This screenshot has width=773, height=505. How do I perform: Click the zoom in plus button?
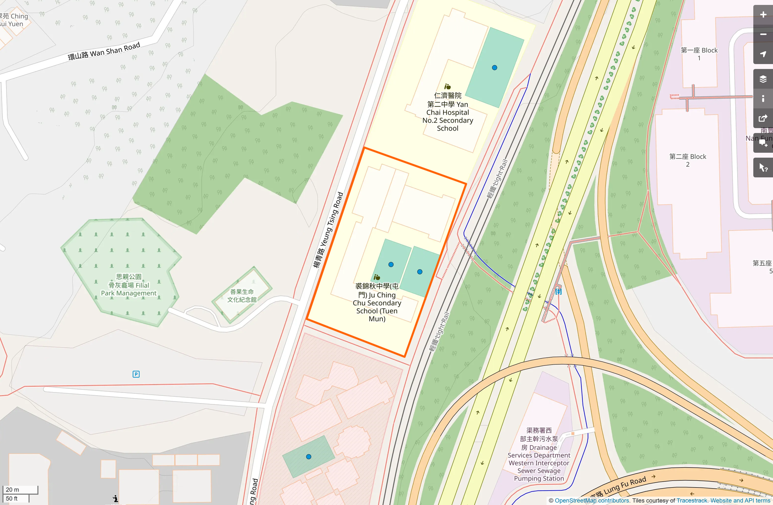[763, 15]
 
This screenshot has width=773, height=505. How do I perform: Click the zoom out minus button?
[763, 34]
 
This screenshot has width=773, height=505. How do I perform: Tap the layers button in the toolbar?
[763, 79]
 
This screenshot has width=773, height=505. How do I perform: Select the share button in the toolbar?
[763, 118]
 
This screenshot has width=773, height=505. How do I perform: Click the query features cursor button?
[763, 168]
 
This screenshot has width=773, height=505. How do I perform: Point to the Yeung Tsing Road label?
[328, 230]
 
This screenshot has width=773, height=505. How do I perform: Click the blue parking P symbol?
[136, 374]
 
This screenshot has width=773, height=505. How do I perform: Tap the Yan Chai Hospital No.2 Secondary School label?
[448, 112]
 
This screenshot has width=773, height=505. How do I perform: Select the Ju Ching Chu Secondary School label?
[377, 302]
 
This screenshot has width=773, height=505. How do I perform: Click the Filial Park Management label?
[129, 285]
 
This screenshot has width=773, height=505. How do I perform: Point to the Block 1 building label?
[699, 54]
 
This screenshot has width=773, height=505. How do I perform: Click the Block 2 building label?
[688, 160]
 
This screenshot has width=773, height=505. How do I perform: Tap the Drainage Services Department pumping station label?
[539, 454]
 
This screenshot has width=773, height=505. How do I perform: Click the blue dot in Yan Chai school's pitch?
[494, 68]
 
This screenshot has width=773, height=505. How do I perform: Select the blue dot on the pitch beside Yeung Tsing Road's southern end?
[309, 457]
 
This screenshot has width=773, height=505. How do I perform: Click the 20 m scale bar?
[20, 489]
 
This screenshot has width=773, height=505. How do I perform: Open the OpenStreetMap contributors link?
[592, 500]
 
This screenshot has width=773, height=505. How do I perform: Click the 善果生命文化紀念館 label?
[242, 296]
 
